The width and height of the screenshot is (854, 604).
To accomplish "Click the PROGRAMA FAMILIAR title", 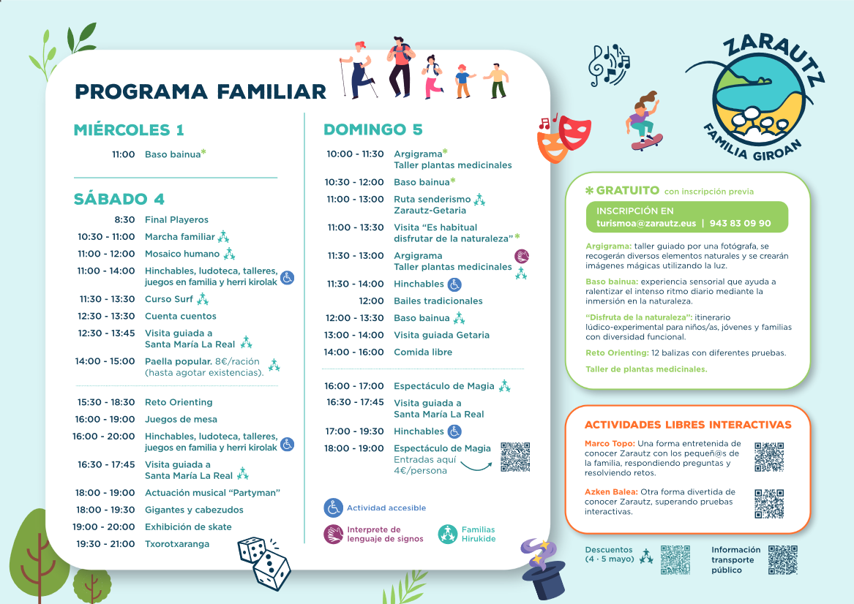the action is click(x=201, y=91).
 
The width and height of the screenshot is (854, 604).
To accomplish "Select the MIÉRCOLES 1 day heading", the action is click(x=129, y=129).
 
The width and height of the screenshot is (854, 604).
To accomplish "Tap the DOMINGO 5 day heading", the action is click(x=373, y=129).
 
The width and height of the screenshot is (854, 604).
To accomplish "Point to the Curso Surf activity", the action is click(x=169, y=299).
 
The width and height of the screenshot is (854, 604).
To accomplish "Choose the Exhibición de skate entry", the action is click(x=189, y=526).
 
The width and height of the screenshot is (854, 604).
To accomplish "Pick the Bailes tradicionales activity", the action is click(x=438, y=301).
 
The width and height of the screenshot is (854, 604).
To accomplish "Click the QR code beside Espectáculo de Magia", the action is click(x=515, y=456).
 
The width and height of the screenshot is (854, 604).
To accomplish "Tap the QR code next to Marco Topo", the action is click(x=769, y=457).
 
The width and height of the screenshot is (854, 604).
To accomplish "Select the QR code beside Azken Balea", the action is click(x=769, y=503).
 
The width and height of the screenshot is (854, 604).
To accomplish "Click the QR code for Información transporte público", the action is click(x=783, y=560).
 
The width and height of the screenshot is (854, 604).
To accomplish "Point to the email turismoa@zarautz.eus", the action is click(x=646, y=223).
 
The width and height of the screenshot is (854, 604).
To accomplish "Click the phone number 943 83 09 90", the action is click(x=740, y=223).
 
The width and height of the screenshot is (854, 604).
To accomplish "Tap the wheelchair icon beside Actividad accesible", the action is click(x=333, y=507).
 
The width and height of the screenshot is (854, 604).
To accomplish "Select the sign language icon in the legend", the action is click(x=333, y=535).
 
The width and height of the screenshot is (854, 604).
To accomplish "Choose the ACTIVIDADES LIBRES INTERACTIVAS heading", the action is click(x=688, y=425).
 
